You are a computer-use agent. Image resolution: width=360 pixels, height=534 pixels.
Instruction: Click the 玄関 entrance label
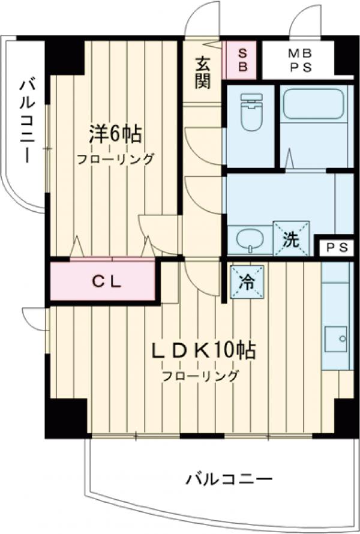(203, 72)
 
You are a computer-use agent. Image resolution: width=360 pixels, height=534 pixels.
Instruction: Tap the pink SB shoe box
(243, 60)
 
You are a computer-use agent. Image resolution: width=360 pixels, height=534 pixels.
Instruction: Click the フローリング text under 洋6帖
(115, 160)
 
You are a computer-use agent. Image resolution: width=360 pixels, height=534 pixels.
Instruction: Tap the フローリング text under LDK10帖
(200, 376)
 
